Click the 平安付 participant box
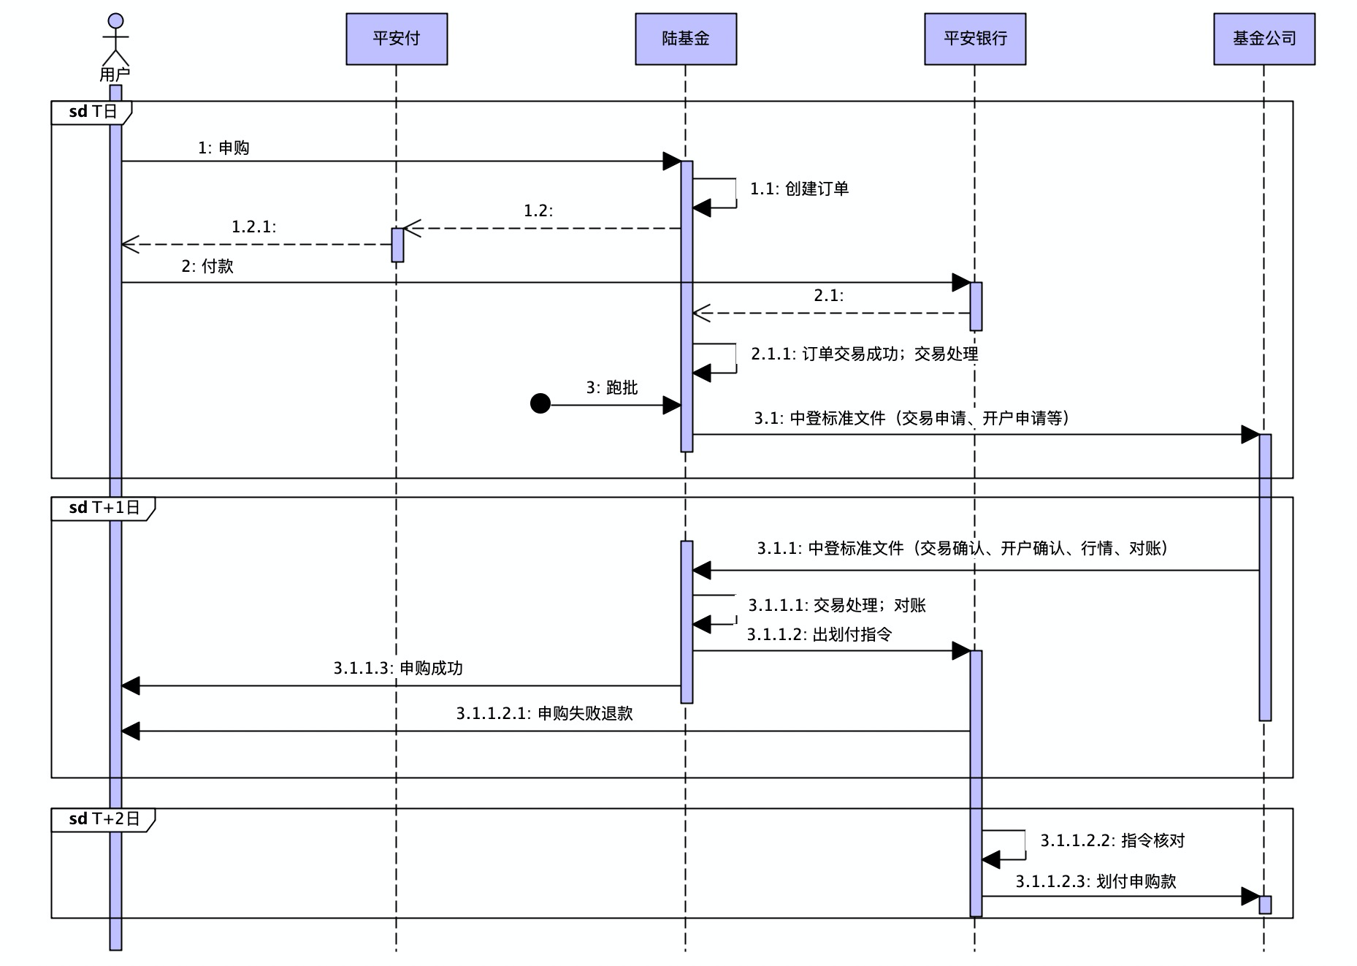(x=397, y=39)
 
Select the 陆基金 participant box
(x=686, y=39)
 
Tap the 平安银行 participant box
(x=975, y=39)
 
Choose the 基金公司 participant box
(x=1264, y=39)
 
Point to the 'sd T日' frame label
(x=92, y=112)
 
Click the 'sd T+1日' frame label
(x=104, y=508)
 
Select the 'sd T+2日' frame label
(x=104, y=819)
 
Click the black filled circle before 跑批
(x=540, y=403)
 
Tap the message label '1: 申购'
(x=223, y=148)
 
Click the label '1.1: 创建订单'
(x=799, y=189)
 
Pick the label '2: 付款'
(x=207, y=266)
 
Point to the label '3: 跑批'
(x=612, y=387)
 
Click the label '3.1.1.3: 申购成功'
(x=398, y=668)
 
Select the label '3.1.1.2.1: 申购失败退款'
(x=545, y=713)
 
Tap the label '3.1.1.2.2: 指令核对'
(x=1112, y=840)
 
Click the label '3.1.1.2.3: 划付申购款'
(x=1096, y=881)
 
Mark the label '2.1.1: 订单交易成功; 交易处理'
(x=865, y=354)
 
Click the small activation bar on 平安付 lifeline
(x=397, y=245)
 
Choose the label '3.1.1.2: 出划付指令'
(x=819, y=634)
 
